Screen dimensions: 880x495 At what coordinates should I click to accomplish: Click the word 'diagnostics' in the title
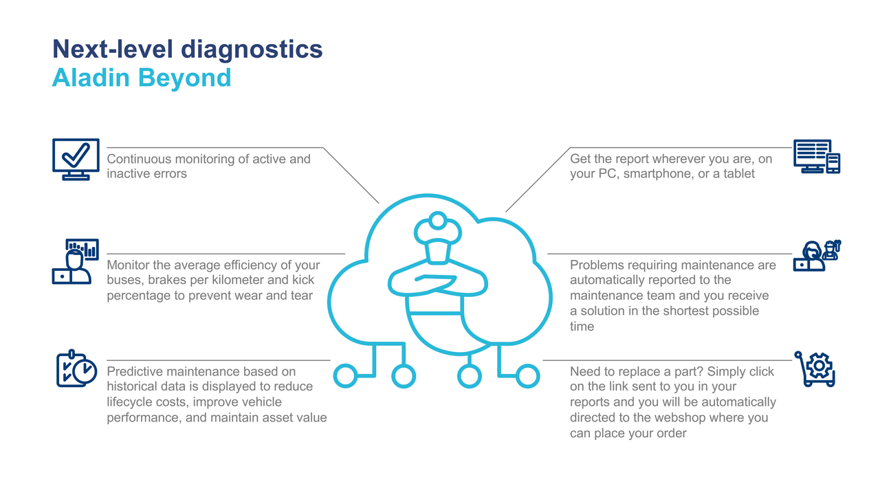(x=252, y=50)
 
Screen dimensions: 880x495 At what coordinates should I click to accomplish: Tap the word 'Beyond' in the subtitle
(x=185, y=78)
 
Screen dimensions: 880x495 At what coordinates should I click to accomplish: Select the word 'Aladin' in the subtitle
(x=91, y=78)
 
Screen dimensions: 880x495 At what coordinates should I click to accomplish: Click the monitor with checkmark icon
(x=76, y=159)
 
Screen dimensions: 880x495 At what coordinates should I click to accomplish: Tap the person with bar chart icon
(x=76, y=261)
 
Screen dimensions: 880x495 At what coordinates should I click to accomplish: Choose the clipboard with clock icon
(x=76, y=368)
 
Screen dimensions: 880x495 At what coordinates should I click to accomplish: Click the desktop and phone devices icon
(x=817, y=156)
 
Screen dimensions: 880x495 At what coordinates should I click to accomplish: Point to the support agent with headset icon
(x=817, y=255)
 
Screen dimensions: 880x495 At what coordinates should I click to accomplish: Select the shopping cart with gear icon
(x=815, y=369)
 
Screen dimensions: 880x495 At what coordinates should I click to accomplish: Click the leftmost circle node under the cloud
(x=345, y=376)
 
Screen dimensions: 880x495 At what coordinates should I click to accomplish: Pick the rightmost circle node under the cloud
(x=527, y=376)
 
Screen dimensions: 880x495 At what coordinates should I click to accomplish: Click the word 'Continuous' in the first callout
(x=139, y=159)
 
